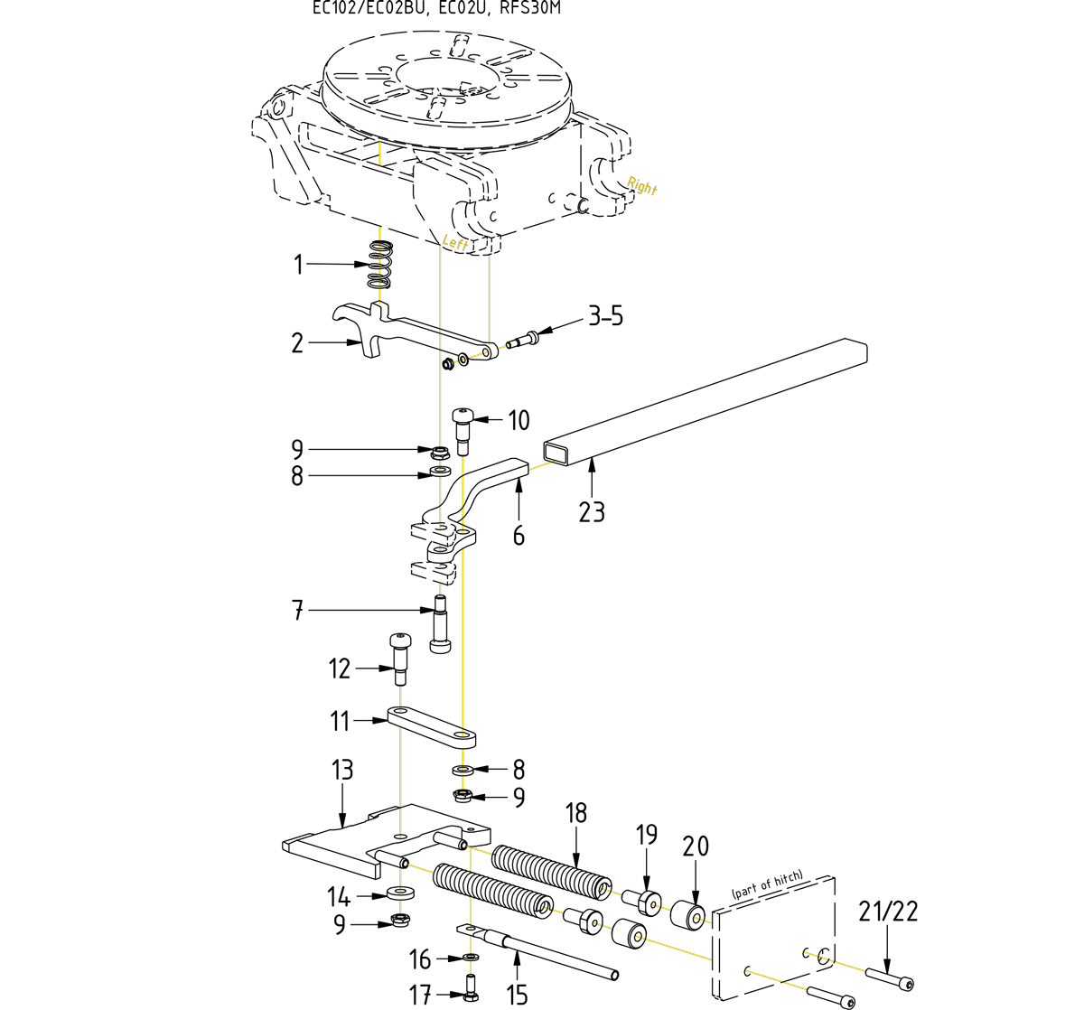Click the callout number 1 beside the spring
[297, 265]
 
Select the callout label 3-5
[605, 317]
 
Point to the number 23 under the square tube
[592, 512]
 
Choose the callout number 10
[519, 420]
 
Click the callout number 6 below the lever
[519, 536]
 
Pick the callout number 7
[297, 611]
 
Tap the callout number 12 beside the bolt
[339, 669]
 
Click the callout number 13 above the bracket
[342, 771]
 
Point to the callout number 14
[339, 896]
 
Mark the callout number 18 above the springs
[576, 813]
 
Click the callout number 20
[696, 846]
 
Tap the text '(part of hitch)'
[767, 886]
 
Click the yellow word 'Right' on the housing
[642, 186]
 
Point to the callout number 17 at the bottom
[420, 995]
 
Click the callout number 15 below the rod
[517, 995]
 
